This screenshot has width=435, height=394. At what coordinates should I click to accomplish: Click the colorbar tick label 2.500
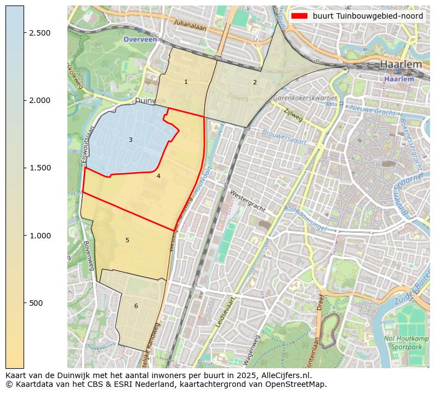[41, 33]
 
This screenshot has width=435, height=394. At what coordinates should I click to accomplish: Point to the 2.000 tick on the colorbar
[41, 100]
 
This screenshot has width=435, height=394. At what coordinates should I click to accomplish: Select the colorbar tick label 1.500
[41, 168]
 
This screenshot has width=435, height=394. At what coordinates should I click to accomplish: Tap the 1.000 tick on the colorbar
[41, 236]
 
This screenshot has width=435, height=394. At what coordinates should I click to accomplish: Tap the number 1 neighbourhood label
[186, 82]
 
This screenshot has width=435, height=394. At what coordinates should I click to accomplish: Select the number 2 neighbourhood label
[255, 83]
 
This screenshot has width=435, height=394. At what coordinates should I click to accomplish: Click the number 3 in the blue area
[130, 140]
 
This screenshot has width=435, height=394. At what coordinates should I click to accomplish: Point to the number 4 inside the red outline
[158, 176]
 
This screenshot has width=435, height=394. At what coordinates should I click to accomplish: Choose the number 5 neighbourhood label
[127, 241]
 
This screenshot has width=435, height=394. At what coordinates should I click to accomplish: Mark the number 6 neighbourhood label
[136, 306]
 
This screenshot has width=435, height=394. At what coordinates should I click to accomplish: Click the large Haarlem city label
[401, 65]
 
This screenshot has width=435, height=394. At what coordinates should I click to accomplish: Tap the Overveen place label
[140, 39]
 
